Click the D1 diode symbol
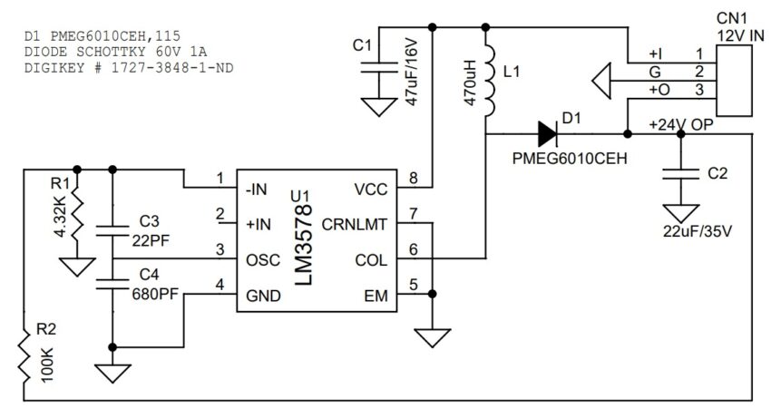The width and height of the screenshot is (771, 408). [546, 134]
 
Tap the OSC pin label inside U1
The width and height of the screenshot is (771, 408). [262, 258]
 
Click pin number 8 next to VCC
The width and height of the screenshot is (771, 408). [414, 179]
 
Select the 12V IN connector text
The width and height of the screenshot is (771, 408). [741, 34]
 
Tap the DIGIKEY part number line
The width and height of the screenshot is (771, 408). [127, 69]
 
